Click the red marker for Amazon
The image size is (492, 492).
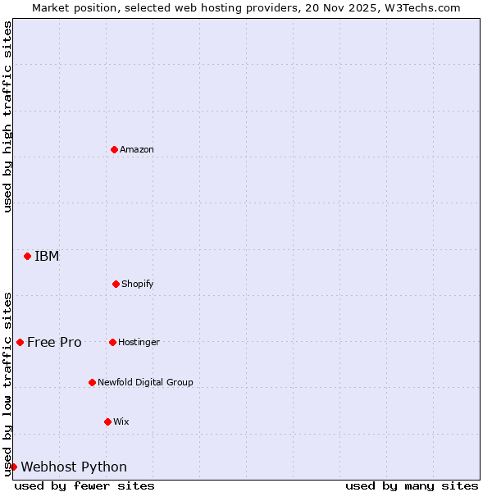114,149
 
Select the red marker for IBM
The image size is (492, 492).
27,256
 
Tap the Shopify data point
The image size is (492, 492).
116,284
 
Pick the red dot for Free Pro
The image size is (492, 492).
20,342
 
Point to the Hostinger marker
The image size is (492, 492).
112,342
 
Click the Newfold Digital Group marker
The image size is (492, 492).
92,382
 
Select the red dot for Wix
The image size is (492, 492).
107,421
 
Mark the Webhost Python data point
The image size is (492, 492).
13,467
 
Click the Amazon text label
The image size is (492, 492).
137,149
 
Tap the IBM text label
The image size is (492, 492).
47,256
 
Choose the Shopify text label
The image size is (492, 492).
138,284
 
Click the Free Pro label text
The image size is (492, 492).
54,342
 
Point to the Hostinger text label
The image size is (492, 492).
139,342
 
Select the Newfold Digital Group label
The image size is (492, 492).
145,382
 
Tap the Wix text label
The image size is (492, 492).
121,421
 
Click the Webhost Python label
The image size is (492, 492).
74,467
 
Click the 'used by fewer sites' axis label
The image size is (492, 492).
84,485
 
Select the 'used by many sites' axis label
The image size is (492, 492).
412,485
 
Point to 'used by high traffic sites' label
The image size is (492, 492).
7,116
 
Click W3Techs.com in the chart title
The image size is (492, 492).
418,7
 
